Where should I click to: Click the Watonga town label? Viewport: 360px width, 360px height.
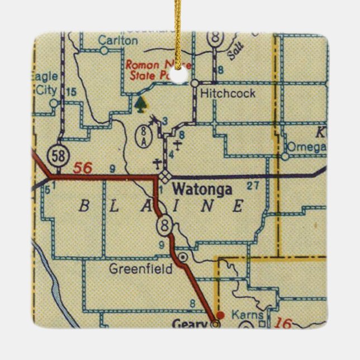click(x=202, y=190)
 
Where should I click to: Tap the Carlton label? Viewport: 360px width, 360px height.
click(x=117, y=40)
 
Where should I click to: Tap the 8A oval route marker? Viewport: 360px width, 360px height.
click(x=143, y=136)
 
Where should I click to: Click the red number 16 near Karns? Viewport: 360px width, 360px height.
click(x=283, y=323)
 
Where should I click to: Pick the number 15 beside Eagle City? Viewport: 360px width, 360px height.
click(x=70, y=92)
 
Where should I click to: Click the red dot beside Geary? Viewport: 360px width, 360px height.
click(x=221, y=315)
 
